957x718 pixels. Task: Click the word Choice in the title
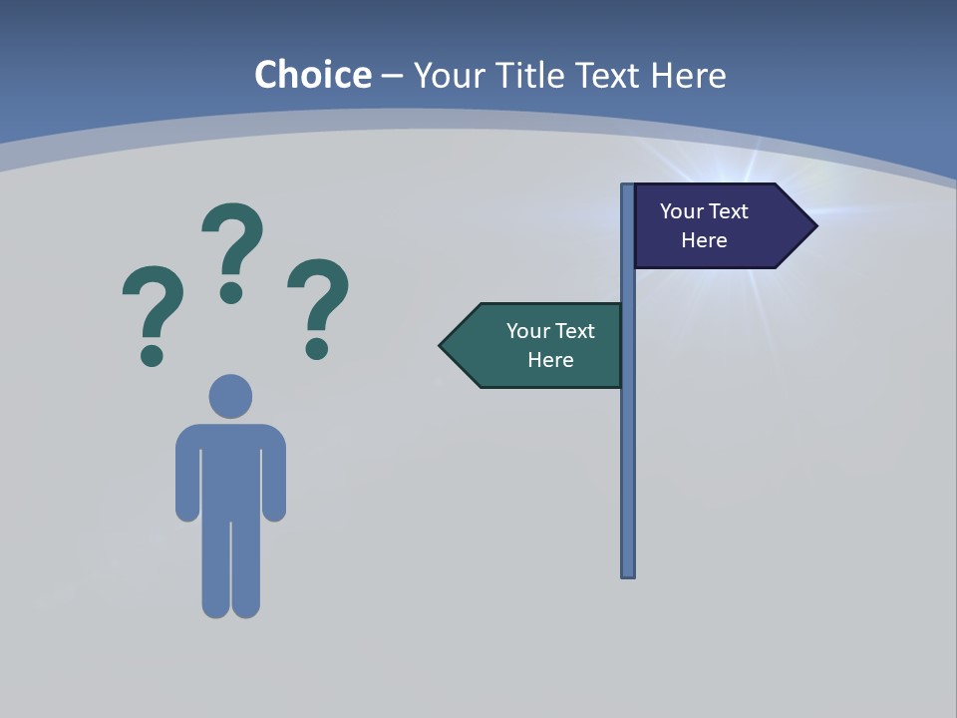click(x=313, y=75)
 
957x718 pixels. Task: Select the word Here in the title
click(x=689, y=75)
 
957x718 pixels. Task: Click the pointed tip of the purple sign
click(x=813, y=226)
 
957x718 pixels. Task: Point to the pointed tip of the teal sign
click(x=443, y=346)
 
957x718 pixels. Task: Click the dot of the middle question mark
click(x=231, y=292)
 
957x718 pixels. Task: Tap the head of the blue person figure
click(x=230, y=396)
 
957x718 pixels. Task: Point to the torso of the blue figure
click(x=230, y=469)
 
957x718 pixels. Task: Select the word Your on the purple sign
click(x=682, y=211)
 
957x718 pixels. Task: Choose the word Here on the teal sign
click(x=550, y=360)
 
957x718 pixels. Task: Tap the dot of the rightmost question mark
click(x=317, y=348)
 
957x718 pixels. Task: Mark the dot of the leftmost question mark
click(x=152, y=355)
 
